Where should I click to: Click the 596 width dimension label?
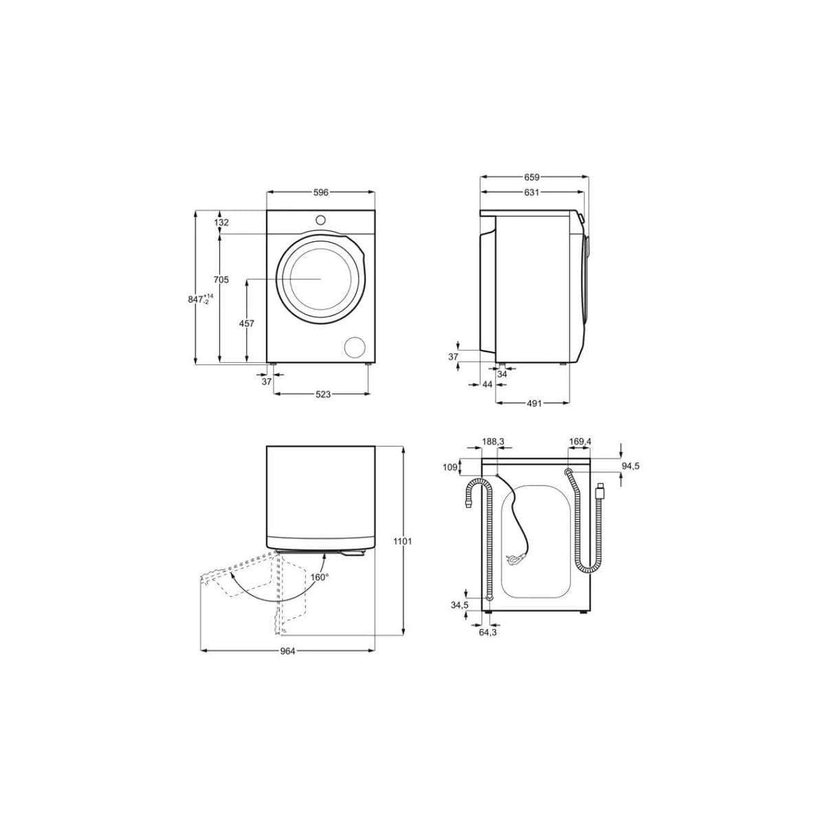[320, 192]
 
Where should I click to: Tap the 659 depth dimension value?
[531, 177]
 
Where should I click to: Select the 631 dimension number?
[531, 192]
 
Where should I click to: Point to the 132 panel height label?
[221, 222]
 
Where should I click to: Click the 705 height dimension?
[221, 280]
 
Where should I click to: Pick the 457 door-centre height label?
[247, 324]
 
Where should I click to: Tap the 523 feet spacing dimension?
[323, 395]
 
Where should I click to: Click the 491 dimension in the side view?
[534, 404]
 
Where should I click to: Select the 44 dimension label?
[487, 385]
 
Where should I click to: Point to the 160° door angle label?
[320, 577]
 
